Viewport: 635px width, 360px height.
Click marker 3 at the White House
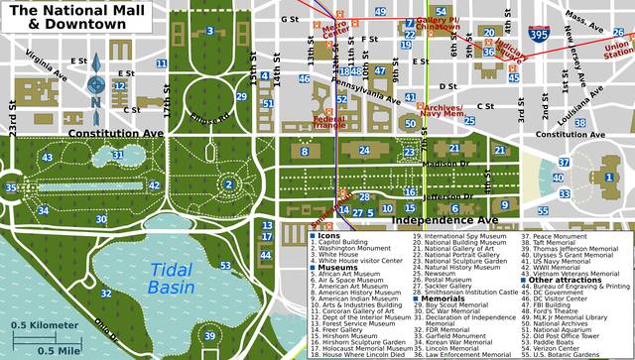(x=209, y=32)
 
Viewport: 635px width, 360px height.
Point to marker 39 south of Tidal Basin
(x=209, y=335)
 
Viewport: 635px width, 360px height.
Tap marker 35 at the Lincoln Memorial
(x=11, y=186)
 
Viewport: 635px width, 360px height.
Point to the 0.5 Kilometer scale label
(x=44, y=325)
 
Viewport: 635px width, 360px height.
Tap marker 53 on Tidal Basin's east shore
(x=226, y=265)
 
